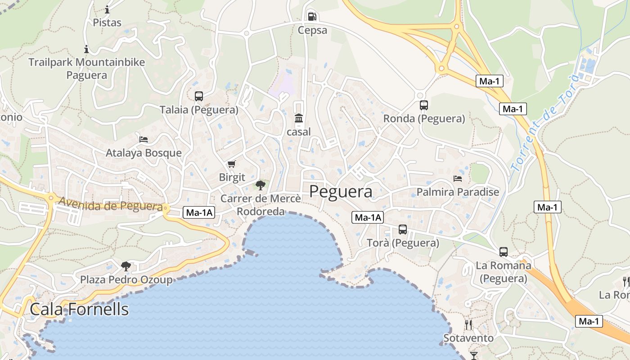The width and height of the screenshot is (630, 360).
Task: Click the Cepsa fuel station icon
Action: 312,17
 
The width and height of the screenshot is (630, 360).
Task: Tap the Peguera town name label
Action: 341,192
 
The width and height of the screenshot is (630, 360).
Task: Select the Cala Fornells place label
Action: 79,310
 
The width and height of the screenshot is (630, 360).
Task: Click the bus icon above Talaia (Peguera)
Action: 199,96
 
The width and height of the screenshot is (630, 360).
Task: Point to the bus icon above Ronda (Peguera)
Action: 423,105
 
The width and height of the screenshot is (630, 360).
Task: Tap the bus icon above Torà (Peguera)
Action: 403,229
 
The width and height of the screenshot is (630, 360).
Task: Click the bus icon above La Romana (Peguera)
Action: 504,252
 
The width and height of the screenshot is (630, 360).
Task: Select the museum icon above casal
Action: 299,118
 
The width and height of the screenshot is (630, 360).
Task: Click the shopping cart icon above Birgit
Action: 232,164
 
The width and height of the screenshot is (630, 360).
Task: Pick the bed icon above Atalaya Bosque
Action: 144,139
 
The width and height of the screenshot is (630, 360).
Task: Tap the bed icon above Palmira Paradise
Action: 458,179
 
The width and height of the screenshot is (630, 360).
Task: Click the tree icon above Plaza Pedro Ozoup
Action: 126,266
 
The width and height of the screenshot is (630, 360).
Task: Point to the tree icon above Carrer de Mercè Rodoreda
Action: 260,184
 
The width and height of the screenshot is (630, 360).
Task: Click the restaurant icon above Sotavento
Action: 468,324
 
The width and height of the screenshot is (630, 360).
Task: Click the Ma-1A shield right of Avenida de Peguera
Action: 198,213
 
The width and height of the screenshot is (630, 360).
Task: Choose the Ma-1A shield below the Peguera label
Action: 368,218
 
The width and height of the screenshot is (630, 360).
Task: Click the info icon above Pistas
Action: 107,9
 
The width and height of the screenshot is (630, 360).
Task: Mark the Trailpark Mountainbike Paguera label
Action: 87,68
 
